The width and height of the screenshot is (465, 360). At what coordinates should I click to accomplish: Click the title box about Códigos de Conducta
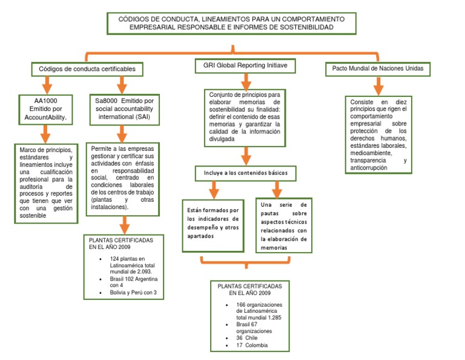pyautogui.click(x=232, y=23)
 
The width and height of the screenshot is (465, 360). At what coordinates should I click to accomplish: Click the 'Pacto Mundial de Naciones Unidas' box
pyautogui.click(x=378, y=69)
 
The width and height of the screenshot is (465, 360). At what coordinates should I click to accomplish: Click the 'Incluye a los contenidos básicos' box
pyautogui.click(x=245, y=173)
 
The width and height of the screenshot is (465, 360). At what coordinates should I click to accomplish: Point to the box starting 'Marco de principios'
pyautogui.click(x=45, y=183)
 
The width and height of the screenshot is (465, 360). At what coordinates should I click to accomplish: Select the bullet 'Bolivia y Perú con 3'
pyautogui.click(x=133, y=293)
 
